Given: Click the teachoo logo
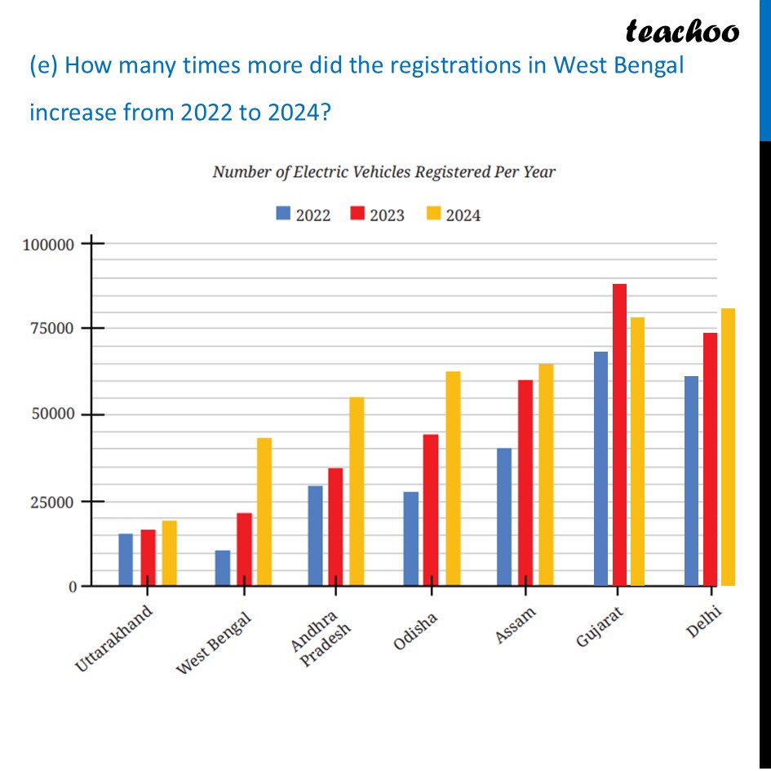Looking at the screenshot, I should [x=682, y=31].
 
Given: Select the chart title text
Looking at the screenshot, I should [x=383, y=172].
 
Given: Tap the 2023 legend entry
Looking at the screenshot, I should [x=377, y=215].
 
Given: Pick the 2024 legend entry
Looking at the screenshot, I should [x=453, y=215].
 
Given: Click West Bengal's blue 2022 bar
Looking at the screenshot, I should [x=223, y=568].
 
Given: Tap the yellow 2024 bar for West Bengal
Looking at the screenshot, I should [x=264, y=512].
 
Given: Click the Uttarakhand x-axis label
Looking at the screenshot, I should [x=113, y=639].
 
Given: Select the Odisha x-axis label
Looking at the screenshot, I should [x=415, y=631].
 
